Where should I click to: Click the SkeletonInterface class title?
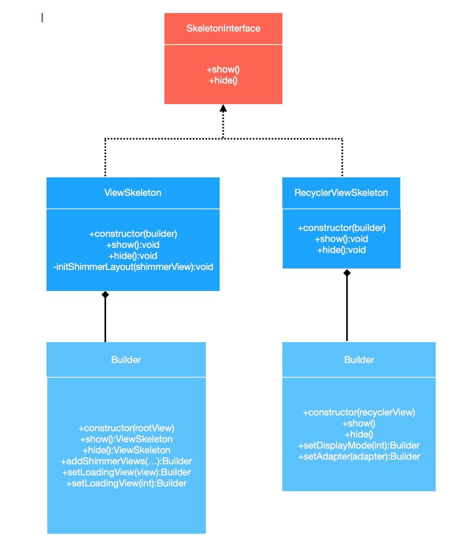(x=223, y=28)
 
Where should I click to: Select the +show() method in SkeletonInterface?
(x=223, y=70)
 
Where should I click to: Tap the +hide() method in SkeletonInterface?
(x=223, y=81)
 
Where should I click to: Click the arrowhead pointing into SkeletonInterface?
(x=223, y=109)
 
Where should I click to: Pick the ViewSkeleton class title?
(x=132, y=193)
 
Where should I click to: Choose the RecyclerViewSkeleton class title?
(x=341, y=193)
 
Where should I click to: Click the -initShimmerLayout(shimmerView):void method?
(x=133, y=267)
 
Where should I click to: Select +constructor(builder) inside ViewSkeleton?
(x=133, y=234)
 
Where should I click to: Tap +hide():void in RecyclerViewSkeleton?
(x=341, y=250)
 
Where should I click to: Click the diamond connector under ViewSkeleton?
(x=105, y=295)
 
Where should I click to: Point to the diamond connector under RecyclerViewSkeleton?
(x=347, y=273)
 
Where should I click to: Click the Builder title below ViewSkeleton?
(x=126, y=359)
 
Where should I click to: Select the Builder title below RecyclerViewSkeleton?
(x=359, y=359)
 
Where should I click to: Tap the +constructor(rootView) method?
(x=126, y=428)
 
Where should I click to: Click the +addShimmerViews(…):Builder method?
(x=126, y=461)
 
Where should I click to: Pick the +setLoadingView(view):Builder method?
(x=126, y=472)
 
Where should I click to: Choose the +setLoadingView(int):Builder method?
(x=126, y=483)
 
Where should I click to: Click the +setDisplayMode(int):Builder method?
(x=359, y=446)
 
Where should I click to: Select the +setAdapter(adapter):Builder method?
(x=359, y=457)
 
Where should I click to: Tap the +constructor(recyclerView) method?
(x=359, y=412)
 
